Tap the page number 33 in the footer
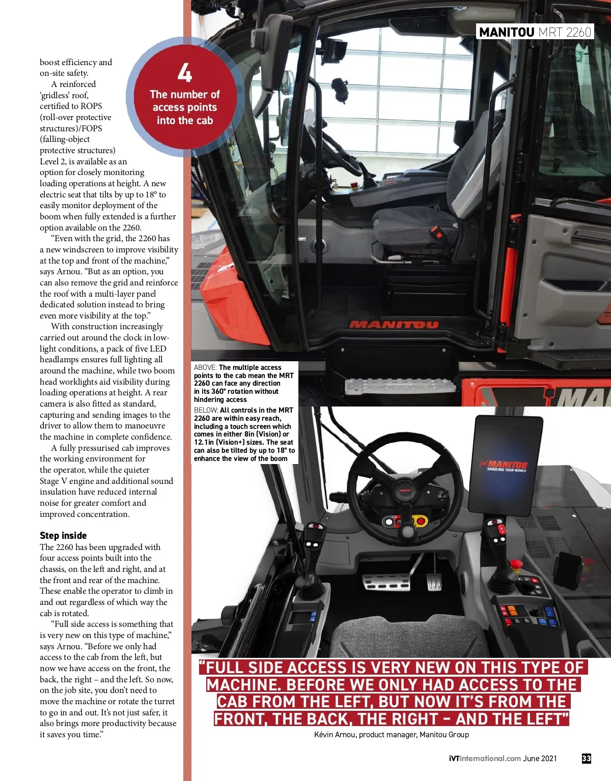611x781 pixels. pos(587,758)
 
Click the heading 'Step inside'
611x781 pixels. pos(63,535)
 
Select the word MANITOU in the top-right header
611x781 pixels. pos(507,32)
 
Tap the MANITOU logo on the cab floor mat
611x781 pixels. pos(394,325)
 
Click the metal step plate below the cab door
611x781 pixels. pos(400,386)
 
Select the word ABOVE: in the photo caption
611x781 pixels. pos(205,367)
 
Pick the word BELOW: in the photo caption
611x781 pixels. pos(206,410)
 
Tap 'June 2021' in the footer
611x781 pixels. pos(540,758)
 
